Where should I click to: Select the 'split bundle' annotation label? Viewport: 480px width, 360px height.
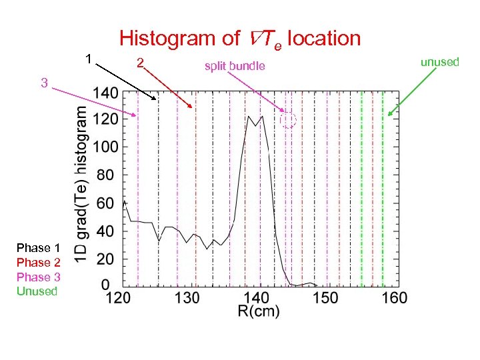[235, 65]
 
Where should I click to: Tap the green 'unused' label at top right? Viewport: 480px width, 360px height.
[440, 62]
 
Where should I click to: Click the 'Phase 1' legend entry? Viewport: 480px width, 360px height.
[38, 248]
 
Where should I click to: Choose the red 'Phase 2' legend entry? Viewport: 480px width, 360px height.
[38, 263]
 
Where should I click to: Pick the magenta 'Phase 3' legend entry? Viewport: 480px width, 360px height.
[38, 277]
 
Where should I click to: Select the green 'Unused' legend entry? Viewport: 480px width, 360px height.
[37, 291]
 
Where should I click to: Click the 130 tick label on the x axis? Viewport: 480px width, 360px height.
[191, 297]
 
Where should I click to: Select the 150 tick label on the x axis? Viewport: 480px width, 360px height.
[326, 297]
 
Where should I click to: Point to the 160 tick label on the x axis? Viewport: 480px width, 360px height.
[395, 297]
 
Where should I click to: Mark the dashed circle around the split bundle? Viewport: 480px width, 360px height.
[288, 120]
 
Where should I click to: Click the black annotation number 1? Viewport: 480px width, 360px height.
[89, 58]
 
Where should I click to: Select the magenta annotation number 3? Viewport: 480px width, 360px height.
[43, 83]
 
